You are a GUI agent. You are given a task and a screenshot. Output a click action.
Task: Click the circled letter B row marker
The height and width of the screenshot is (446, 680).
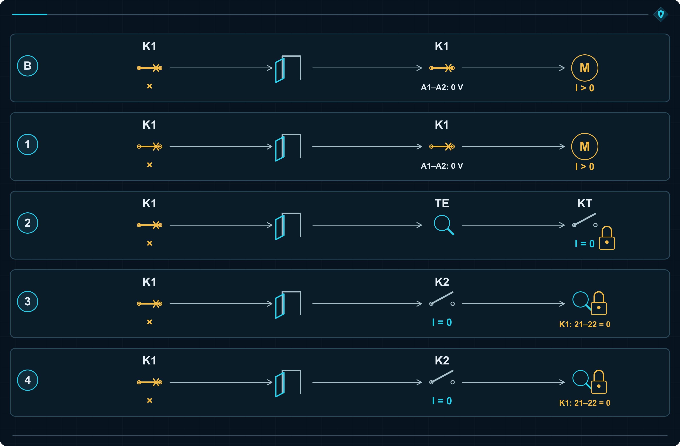[27, 66]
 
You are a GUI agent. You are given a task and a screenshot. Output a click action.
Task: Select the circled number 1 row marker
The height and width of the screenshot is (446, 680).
[27, 144]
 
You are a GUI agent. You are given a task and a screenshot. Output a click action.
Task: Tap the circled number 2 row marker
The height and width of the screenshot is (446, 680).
[27, 223]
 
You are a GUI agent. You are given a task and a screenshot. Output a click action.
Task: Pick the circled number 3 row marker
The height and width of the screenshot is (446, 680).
[27, 302]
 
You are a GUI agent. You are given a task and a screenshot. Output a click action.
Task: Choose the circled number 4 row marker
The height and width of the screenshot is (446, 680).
[27, 380]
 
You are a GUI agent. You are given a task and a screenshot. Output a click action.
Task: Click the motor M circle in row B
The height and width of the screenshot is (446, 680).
[585, 68]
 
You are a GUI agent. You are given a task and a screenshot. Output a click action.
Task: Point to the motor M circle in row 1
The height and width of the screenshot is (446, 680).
[585, 147]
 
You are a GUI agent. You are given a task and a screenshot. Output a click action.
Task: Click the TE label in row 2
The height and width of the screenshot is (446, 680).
[442, 203]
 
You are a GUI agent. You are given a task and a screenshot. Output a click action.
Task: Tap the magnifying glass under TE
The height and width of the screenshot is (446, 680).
[444, 225]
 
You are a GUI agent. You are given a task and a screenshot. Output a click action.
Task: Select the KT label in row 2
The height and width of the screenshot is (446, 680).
[585, 203]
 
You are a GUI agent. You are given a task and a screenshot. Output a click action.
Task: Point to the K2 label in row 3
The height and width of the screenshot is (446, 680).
[442, 282]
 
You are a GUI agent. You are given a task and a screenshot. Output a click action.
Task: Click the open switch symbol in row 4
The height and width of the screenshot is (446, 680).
[442, 377]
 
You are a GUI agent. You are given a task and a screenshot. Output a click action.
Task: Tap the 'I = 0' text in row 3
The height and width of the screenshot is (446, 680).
[442, 322]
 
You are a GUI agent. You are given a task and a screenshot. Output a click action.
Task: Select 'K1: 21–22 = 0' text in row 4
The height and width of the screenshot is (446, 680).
[585, 403]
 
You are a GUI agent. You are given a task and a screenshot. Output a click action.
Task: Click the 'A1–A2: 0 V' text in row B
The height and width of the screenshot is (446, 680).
[442, 87]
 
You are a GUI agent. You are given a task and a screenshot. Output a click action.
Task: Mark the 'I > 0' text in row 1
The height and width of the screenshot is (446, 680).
[585, 167]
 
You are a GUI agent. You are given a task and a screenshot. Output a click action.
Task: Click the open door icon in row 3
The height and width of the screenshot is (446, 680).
[288, 305]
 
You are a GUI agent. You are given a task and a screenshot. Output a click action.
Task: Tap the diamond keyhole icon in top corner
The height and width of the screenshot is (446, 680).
[661, 14]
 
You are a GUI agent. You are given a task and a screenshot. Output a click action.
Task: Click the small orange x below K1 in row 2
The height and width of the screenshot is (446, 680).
[149, 243]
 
